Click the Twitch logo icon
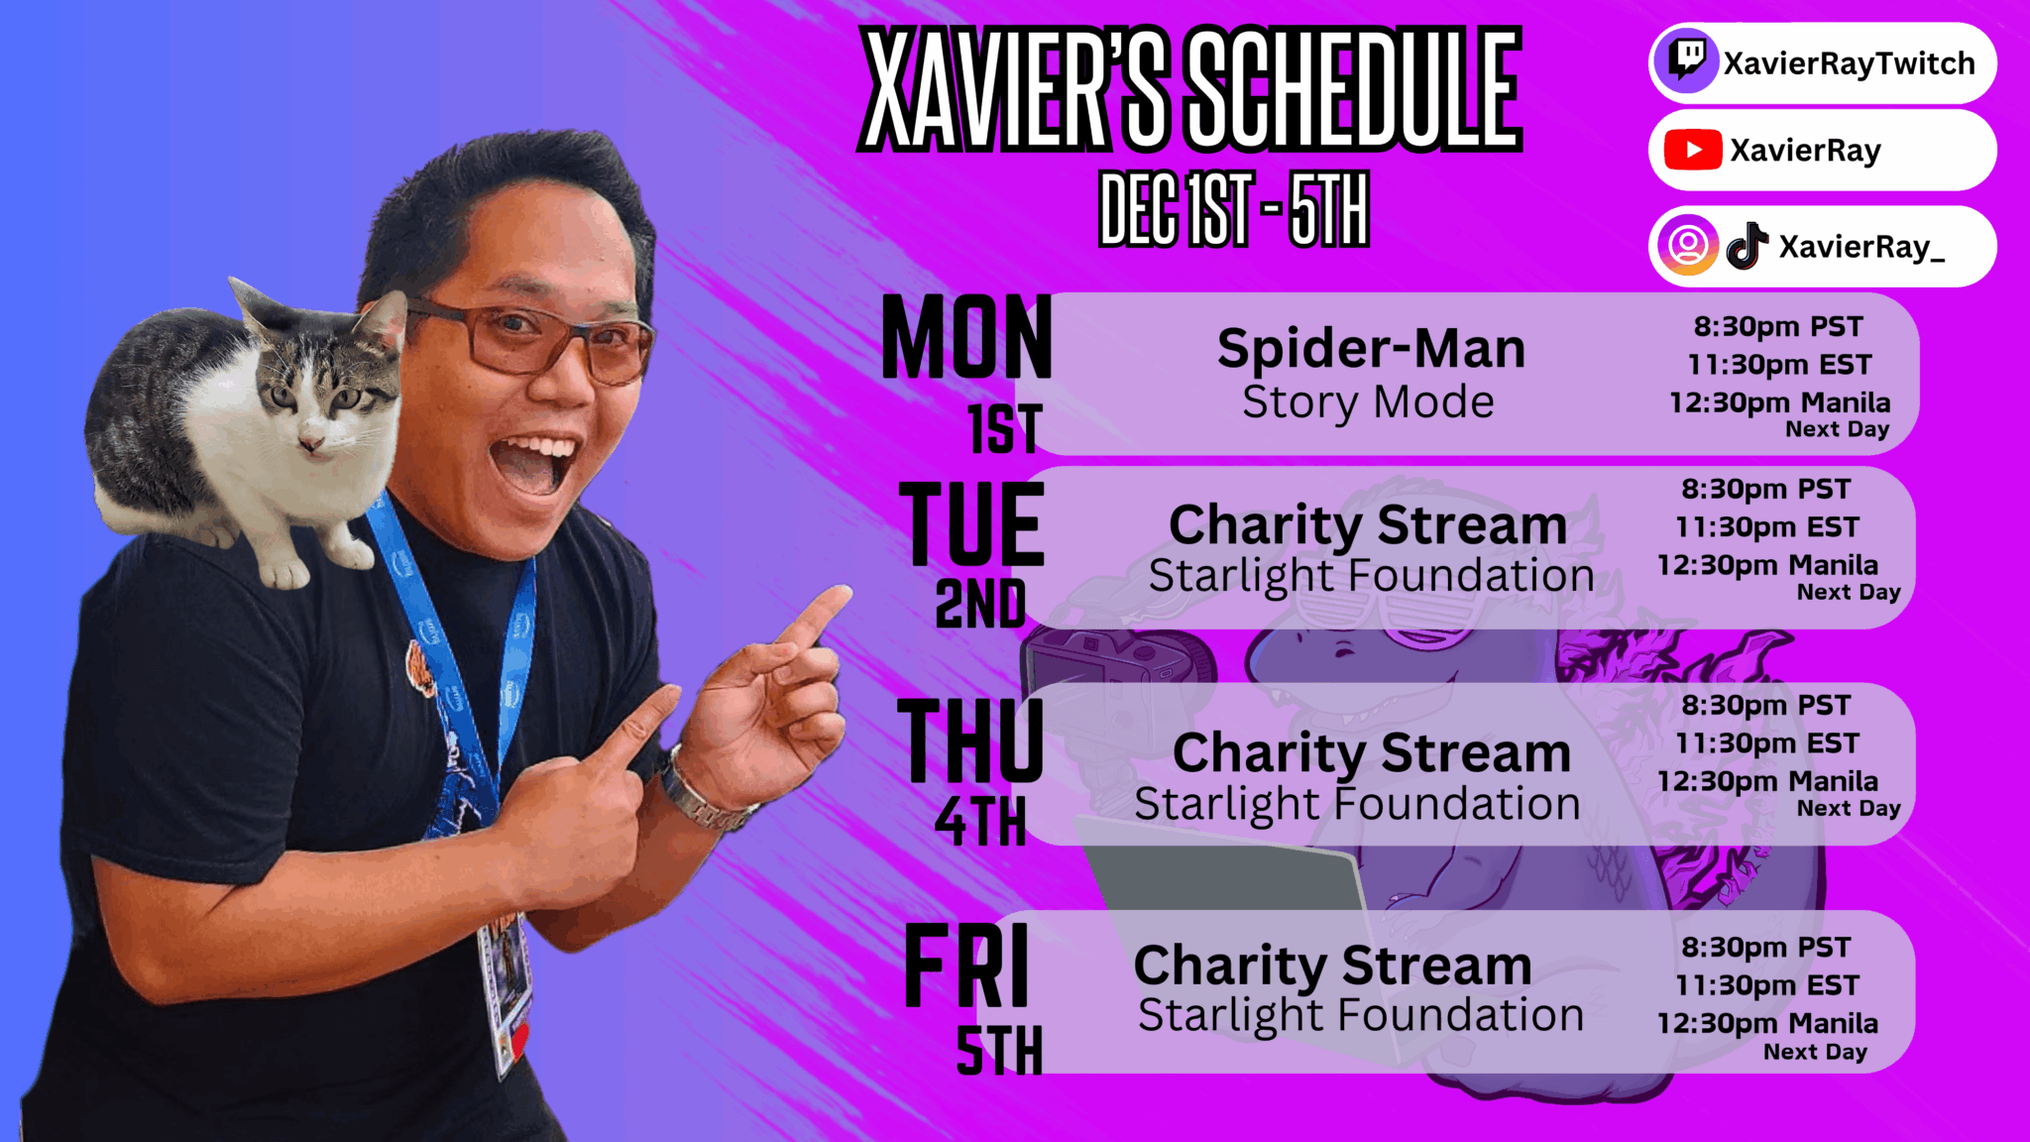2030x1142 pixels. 1686,61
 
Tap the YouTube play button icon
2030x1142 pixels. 1693,150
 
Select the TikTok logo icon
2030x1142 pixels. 1748,246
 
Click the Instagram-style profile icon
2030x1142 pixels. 1687,245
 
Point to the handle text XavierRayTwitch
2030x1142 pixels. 1849,63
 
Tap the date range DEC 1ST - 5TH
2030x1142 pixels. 1234,208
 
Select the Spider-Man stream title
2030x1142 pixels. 1371,348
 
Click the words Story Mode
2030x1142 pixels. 1368,402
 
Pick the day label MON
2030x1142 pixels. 966,338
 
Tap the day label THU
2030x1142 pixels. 970,740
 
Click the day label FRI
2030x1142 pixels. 967,966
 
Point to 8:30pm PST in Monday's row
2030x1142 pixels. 1778,326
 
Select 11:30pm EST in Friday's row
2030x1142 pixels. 1767,984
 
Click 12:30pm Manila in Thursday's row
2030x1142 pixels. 1767,781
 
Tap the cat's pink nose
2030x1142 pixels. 310,439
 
